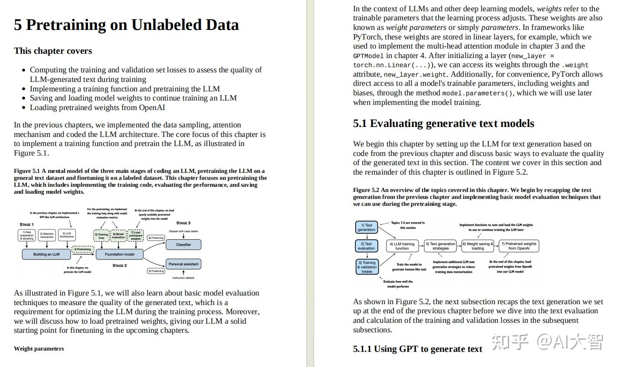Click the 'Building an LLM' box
46,254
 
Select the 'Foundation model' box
120,254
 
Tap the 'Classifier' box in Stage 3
184,244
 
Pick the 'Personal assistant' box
184,264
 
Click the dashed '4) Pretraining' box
82,249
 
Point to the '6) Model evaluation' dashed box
118,236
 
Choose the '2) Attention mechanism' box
47,235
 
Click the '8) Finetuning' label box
156,238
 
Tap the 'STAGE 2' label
120,266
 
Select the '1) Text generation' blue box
367,227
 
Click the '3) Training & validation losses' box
367,267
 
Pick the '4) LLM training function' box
402,246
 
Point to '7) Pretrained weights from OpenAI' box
519,246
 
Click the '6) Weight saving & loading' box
478,246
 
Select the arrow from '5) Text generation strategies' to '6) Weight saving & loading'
459,246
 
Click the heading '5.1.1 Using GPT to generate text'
417,349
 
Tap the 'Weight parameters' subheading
39,349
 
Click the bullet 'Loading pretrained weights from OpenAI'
97,107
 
